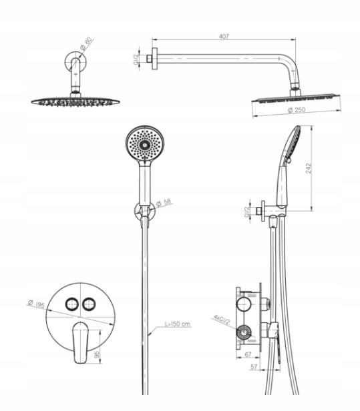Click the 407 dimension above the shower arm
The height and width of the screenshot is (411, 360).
click(x=224, y=36)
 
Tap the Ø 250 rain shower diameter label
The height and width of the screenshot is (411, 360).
click(x=297, y=110)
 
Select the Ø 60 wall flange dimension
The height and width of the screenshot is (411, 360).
click(x=87, y=44)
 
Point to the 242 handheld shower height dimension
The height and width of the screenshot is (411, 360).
click(x=309, y=168)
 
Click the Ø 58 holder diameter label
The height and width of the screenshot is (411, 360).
click(x=164, y=202)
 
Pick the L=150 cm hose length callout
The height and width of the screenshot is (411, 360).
click(x=178, y=324)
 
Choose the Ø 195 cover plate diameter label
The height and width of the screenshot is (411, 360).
click(x=36, y=304)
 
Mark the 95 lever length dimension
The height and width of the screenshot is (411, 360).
click(x=97, y=355)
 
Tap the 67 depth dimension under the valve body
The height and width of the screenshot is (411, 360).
click(x=248, y=354)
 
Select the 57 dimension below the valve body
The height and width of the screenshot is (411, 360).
click(x=254, y=367)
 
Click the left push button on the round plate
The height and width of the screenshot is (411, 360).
click(x=72, y=304)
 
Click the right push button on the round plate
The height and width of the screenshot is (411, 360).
click(x=89, y=304)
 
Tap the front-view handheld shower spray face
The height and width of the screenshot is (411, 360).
click(x=144, y=143)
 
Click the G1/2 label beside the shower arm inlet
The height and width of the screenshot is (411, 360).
click(x=136, y=59)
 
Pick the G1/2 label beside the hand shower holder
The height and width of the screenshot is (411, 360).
click(x=246, y=212)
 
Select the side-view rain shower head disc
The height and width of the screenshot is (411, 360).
click(x=296, y=99)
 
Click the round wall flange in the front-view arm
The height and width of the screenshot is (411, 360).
click(x=76, y=61)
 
